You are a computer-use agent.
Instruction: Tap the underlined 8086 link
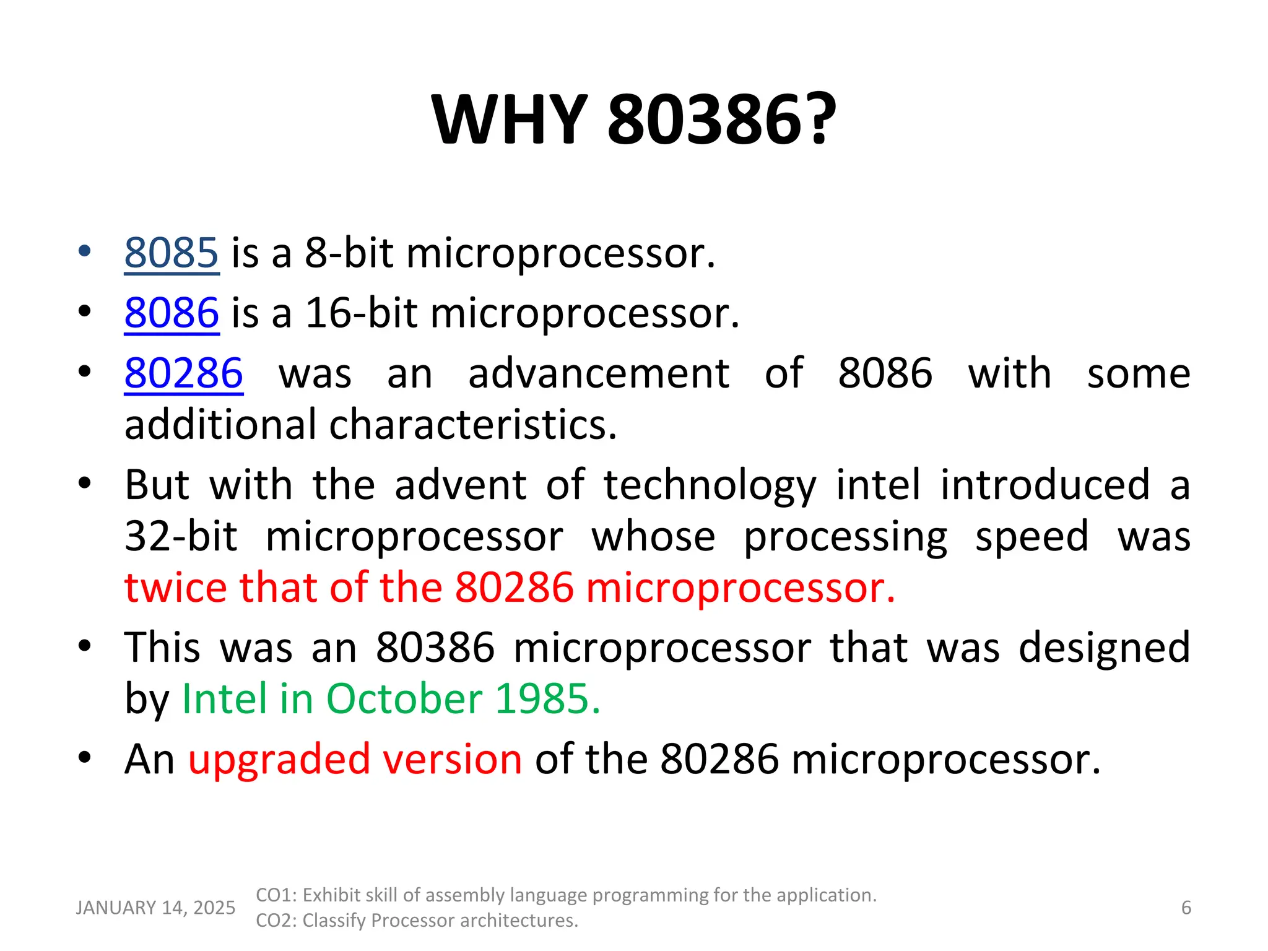172,313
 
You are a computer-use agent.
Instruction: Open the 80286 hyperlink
183,373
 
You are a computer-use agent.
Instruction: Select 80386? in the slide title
722,119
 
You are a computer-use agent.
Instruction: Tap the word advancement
599,373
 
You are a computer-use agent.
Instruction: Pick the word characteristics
473,425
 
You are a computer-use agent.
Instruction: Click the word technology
710,485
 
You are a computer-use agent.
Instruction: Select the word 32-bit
181,536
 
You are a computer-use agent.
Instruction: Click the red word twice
176,587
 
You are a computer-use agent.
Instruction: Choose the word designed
1104,648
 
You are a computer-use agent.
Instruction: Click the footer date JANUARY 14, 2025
155,908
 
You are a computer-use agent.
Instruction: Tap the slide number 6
1186,908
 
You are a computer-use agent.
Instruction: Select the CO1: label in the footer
277,895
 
